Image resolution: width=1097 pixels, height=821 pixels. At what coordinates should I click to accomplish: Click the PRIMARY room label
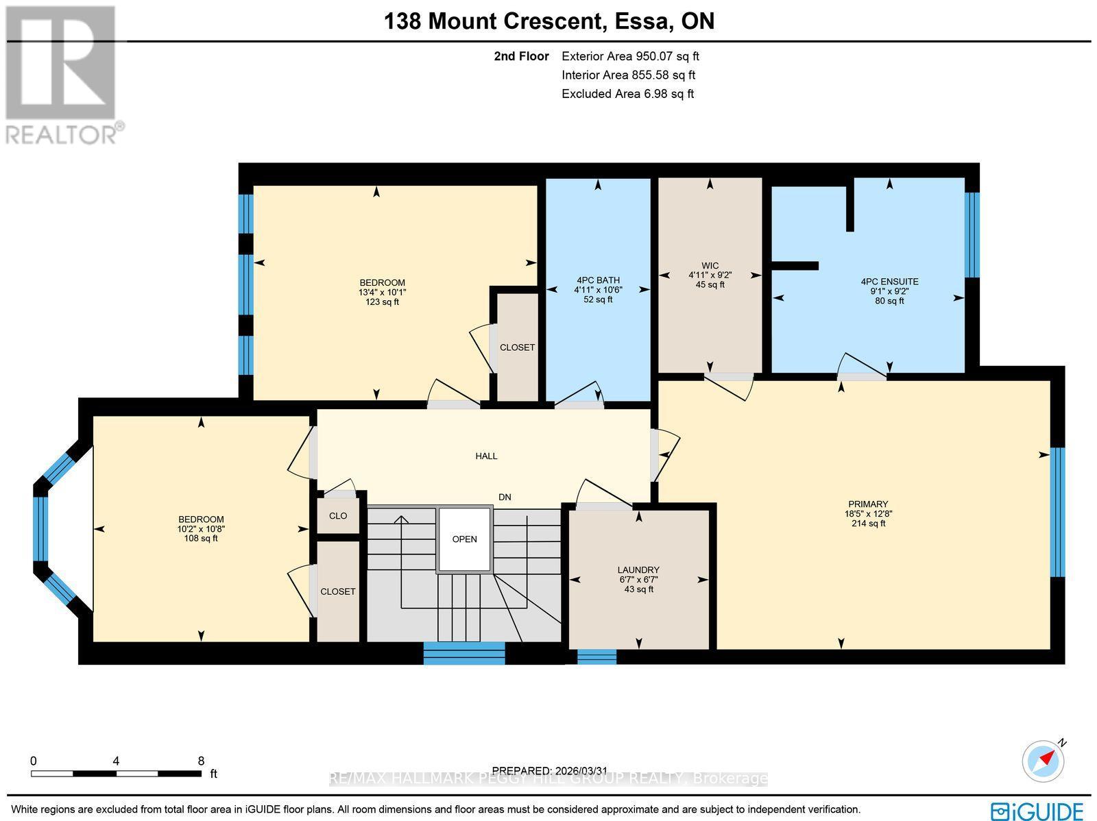[x=867, y=504]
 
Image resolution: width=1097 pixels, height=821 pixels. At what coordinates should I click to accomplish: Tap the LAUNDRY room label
[x=638, y=569]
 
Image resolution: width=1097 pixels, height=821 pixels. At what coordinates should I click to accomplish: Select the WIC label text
[x=710, y=266]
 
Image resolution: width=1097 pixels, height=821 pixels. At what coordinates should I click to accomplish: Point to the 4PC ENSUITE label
[x=889, y=282]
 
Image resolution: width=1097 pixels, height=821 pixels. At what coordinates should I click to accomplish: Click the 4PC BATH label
[x=598, y=280]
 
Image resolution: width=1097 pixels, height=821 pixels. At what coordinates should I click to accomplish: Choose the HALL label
[x=486, y=456]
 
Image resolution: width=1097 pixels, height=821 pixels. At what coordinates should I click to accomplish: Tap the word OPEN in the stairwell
[x=464, y=539]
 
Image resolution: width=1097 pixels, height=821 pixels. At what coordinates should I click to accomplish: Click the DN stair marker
[x=505, y=498]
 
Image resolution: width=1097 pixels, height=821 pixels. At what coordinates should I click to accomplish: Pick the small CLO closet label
[x=338, y=516]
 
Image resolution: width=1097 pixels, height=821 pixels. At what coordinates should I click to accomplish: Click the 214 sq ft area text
[x=868, y=524]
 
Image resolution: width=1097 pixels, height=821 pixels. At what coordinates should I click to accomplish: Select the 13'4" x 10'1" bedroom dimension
[x=382, y=292]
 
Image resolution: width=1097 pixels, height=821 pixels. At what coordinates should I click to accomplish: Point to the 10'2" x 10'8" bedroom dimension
[x=200, y=529]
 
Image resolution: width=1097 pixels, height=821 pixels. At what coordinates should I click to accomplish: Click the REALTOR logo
[x=62, y=75]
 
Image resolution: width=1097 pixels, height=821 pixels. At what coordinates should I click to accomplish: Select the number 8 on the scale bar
[x=201, y=761]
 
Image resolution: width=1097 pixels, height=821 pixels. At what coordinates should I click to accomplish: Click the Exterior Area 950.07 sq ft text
[x=630, y=56]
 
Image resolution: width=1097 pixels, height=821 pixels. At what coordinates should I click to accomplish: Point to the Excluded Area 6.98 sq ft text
[x=627, y=94]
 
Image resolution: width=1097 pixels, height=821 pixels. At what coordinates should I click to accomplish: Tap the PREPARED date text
[x=550, y=770]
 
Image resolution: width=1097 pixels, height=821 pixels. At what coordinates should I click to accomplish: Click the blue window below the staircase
[x=464, y=653]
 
